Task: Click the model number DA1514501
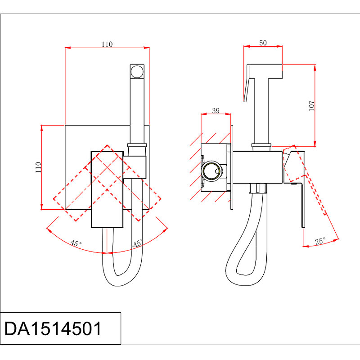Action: (53, 328)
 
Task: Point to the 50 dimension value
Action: (263, 43)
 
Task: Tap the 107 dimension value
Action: (311, 106)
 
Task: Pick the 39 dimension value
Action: (216, 111)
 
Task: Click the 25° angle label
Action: (320, 241)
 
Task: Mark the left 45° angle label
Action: (76, 243)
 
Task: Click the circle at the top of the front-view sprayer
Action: (137, 72)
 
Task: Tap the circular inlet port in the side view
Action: (211, 171)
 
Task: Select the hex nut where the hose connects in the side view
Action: (258, 188)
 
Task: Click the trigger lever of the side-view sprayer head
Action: (249, 83)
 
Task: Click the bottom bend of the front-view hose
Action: (117, 280)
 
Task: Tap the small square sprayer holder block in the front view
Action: (135, 167)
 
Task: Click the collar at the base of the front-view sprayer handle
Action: (137, 145)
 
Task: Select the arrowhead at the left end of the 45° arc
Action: (49, 230)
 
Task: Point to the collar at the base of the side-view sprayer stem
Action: (261, 145)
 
